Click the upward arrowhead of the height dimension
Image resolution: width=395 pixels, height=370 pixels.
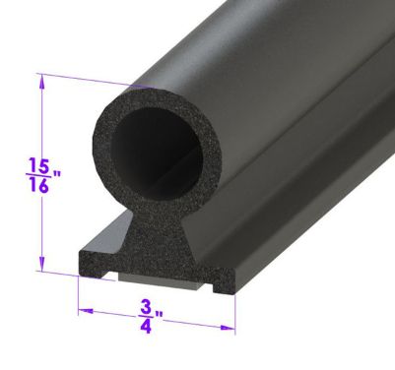[41, 84]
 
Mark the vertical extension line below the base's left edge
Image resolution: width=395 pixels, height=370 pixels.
[78, 295]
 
